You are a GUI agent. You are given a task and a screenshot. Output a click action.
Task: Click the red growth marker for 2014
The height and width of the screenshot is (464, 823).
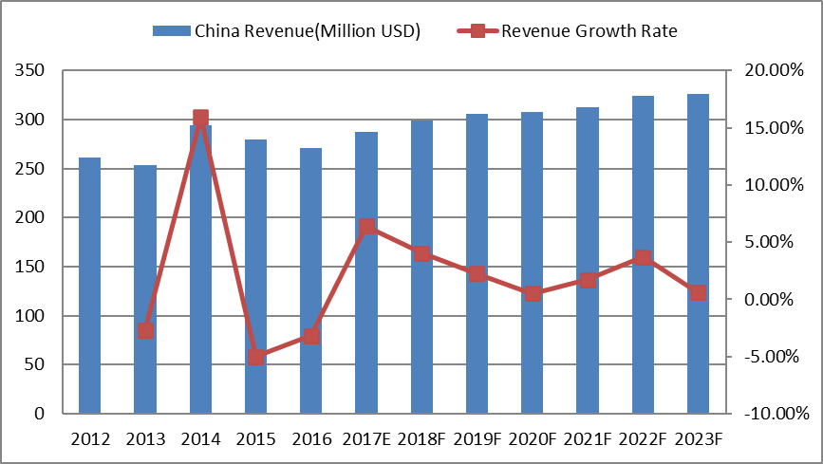point(200,118)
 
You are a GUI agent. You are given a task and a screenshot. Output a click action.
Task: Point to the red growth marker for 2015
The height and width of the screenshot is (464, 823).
point(255,358)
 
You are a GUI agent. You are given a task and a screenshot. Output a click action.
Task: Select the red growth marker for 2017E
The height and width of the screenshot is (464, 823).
point(366,227)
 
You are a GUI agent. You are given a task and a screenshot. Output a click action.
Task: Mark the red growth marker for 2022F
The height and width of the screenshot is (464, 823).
point(643,257)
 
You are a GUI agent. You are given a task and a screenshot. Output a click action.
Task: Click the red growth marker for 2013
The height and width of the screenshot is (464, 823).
point(145,330)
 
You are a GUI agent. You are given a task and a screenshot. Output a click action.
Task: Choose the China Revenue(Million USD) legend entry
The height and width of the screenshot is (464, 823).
point(286,31)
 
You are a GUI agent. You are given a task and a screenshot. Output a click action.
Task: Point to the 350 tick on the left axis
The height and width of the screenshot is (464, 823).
point(32,71)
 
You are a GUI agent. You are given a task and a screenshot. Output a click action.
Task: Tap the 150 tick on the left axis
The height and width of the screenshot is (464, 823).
point(32,267)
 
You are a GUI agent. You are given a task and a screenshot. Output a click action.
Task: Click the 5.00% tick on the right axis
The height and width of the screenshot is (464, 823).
point(772,242)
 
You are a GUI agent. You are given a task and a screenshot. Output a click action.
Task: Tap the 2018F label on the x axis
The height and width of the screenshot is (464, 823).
point(421,439)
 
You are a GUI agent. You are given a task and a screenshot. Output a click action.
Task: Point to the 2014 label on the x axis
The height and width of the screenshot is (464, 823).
point(200,439)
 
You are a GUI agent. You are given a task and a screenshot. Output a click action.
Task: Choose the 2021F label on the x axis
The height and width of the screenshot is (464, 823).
point(588,439)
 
